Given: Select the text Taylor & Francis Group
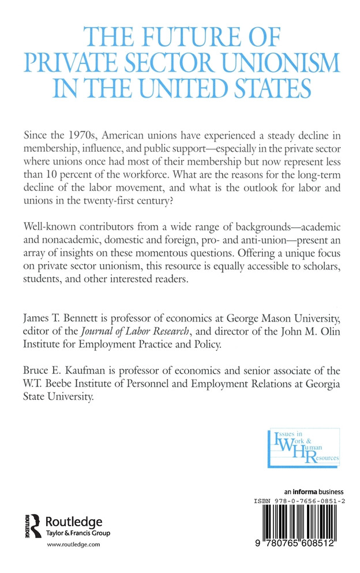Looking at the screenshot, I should point(77,533).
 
